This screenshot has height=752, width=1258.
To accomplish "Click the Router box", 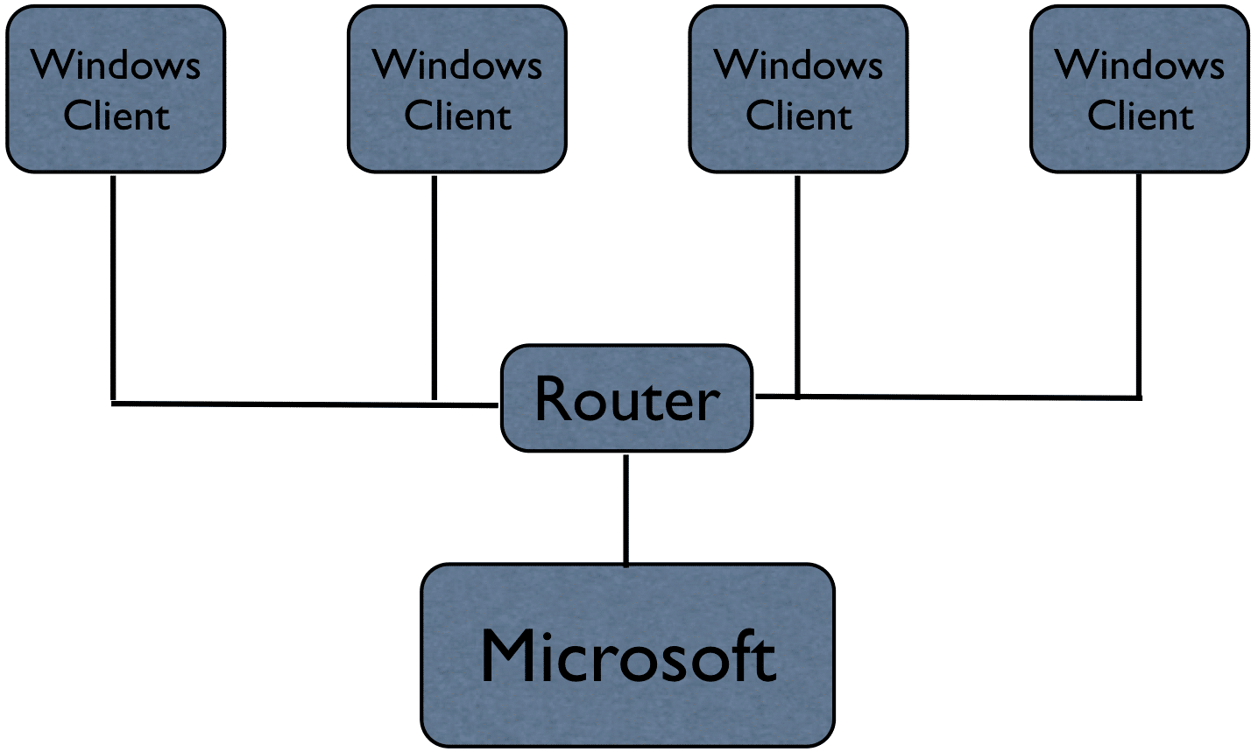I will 626,398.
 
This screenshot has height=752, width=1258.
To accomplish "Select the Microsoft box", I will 627,656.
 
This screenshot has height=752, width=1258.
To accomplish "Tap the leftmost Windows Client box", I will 116,89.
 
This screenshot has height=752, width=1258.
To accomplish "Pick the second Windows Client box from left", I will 457,89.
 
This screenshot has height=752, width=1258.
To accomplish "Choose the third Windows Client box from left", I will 798,89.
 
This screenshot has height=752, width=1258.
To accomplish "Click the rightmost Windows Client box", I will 1139,89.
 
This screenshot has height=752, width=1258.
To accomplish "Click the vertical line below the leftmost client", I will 113,289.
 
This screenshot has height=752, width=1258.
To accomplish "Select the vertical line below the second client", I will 434,289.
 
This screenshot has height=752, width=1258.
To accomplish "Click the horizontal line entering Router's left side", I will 307,404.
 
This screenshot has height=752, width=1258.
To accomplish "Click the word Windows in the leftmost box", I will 116,65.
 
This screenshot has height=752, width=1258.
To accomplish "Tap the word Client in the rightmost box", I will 1140,116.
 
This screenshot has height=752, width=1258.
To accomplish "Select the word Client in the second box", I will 457,116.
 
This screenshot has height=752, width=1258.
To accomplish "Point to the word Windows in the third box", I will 798,65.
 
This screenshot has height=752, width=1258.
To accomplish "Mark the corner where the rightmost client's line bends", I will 1139,397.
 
